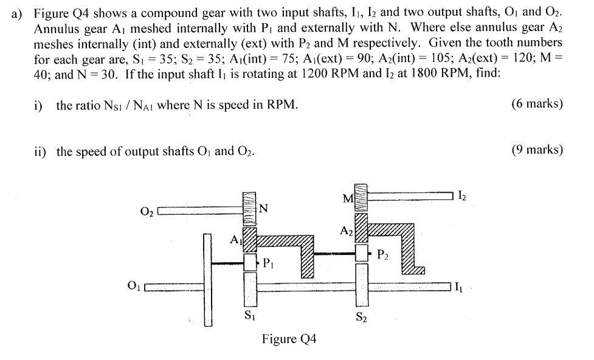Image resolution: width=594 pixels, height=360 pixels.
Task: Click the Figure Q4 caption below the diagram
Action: (x=289, y=338)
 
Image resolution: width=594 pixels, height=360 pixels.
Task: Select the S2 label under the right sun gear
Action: (x=361, y=316)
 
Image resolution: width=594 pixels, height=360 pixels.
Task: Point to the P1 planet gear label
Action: (x=268, y=264)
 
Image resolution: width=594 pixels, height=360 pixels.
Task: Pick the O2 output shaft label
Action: (x=147, y=212)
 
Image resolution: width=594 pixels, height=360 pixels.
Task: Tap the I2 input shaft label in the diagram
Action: (x=463, y=196)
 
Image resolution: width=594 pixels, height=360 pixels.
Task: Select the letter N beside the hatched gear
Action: (x=263, y=210)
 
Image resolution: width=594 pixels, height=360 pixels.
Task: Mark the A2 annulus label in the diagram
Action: (x=346, y=231)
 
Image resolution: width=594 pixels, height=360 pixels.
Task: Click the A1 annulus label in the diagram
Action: (x=235, y=241)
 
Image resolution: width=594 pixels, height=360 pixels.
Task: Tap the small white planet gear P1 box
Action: (x=249, y=263)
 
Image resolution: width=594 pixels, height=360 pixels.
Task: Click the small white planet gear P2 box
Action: (x=362, y=252)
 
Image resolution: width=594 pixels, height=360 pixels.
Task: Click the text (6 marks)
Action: (x=537, y=104)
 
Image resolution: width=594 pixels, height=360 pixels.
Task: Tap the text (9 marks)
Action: (x=537, y=150)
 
